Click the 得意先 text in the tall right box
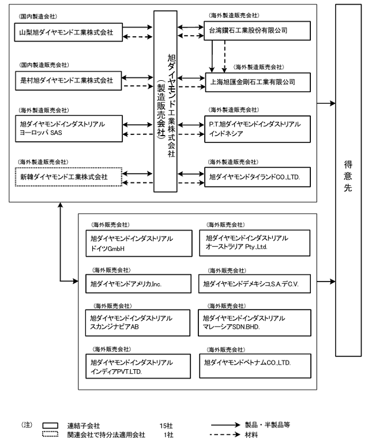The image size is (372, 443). tap(348, 176)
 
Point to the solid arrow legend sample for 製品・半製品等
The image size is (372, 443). tap(226, 425)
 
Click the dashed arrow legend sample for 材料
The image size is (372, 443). tap(226, 435)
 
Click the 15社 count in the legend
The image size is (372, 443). tap(166, 426)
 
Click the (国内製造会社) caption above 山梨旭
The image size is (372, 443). tap(38, 16)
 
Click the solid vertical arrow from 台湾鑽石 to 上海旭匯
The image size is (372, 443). tap(212, 56)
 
